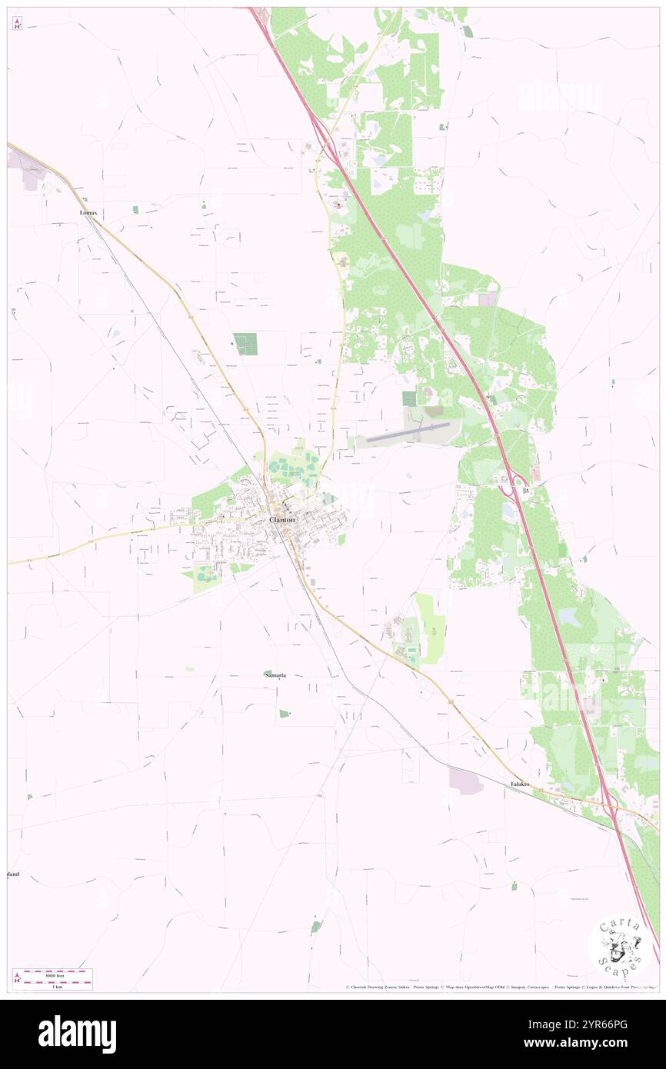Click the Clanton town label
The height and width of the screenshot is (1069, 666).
point(281,520)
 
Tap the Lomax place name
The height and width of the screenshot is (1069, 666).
point(90,211)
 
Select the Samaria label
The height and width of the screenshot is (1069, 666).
point(275,674)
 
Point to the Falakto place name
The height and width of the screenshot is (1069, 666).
point(521,784)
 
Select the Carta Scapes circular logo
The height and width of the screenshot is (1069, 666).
point(620,946)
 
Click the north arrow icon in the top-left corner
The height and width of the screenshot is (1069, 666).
point(17,23)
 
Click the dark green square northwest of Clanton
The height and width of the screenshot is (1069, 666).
point(245,344)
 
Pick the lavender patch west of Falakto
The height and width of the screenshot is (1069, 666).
point(466,782)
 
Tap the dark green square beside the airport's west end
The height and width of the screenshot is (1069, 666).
point(409,398)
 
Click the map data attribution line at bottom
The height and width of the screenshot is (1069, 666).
point(500,987)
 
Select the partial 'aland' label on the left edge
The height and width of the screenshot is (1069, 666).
point(13,874)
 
